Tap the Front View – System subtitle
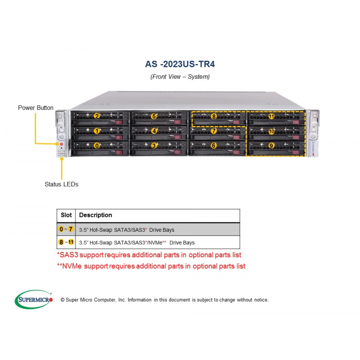point(180,76)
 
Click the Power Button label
point(36,108)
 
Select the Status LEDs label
point(61,184)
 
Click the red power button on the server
point(61,144)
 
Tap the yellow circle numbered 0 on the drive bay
point(96,146)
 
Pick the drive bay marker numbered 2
point(96,116)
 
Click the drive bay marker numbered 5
point(153,116)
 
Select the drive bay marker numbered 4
point(153,131)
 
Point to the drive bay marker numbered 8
point(214,116)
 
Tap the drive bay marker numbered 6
point(214,146)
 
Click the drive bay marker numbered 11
point(271,116)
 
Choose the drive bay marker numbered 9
point(271,146)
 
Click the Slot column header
point(66,215)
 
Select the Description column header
point(95,215)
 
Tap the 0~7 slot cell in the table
point(66,229)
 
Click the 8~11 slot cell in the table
point(66,242)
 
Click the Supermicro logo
point(34,299)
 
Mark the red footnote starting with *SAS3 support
point(149,255)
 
